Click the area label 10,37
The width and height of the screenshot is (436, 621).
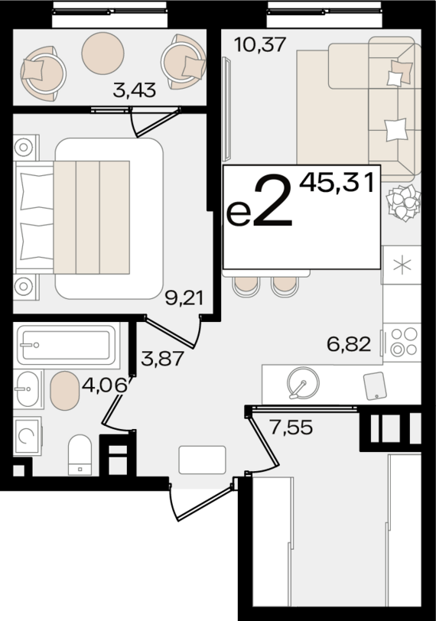pyautogui.click(x=259, y=45)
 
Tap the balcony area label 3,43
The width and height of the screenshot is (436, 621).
pyautogui.click(x=134, y=91)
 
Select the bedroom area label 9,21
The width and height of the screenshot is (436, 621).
pyautogui.click(x=184, y=297)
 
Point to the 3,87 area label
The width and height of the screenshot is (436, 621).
pyautogui.click(x=162, y=356)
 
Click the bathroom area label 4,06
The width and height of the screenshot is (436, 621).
pyautogui.click(x=102, y=385)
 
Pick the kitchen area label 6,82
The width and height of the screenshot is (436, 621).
pyautogui.click(x=348, y=344)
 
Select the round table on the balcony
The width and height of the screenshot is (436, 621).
pyautogui.click(x=102, y=52)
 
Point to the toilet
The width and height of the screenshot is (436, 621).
pyautogui.click(x=80, y=454)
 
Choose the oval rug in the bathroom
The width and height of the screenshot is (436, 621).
pyautogui.click(x=64, y=391)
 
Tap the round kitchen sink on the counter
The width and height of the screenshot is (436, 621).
pyautogui.click(x=301, y=383)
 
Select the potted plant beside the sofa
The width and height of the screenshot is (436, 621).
pyautogui.click(x=402, y=203)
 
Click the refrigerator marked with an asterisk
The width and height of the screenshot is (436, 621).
pyautogui.click(x=401, y=265)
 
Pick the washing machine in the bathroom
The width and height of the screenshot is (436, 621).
pyautogui.click(x=28, y=437)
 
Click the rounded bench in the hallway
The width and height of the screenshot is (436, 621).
pyautogui.click(x=202, y=460)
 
